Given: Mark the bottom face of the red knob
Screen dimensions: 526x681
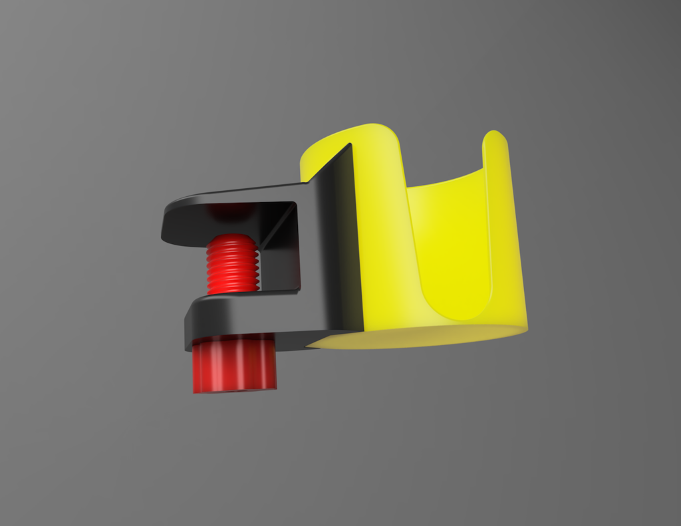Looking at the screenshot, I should (234, 390).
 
